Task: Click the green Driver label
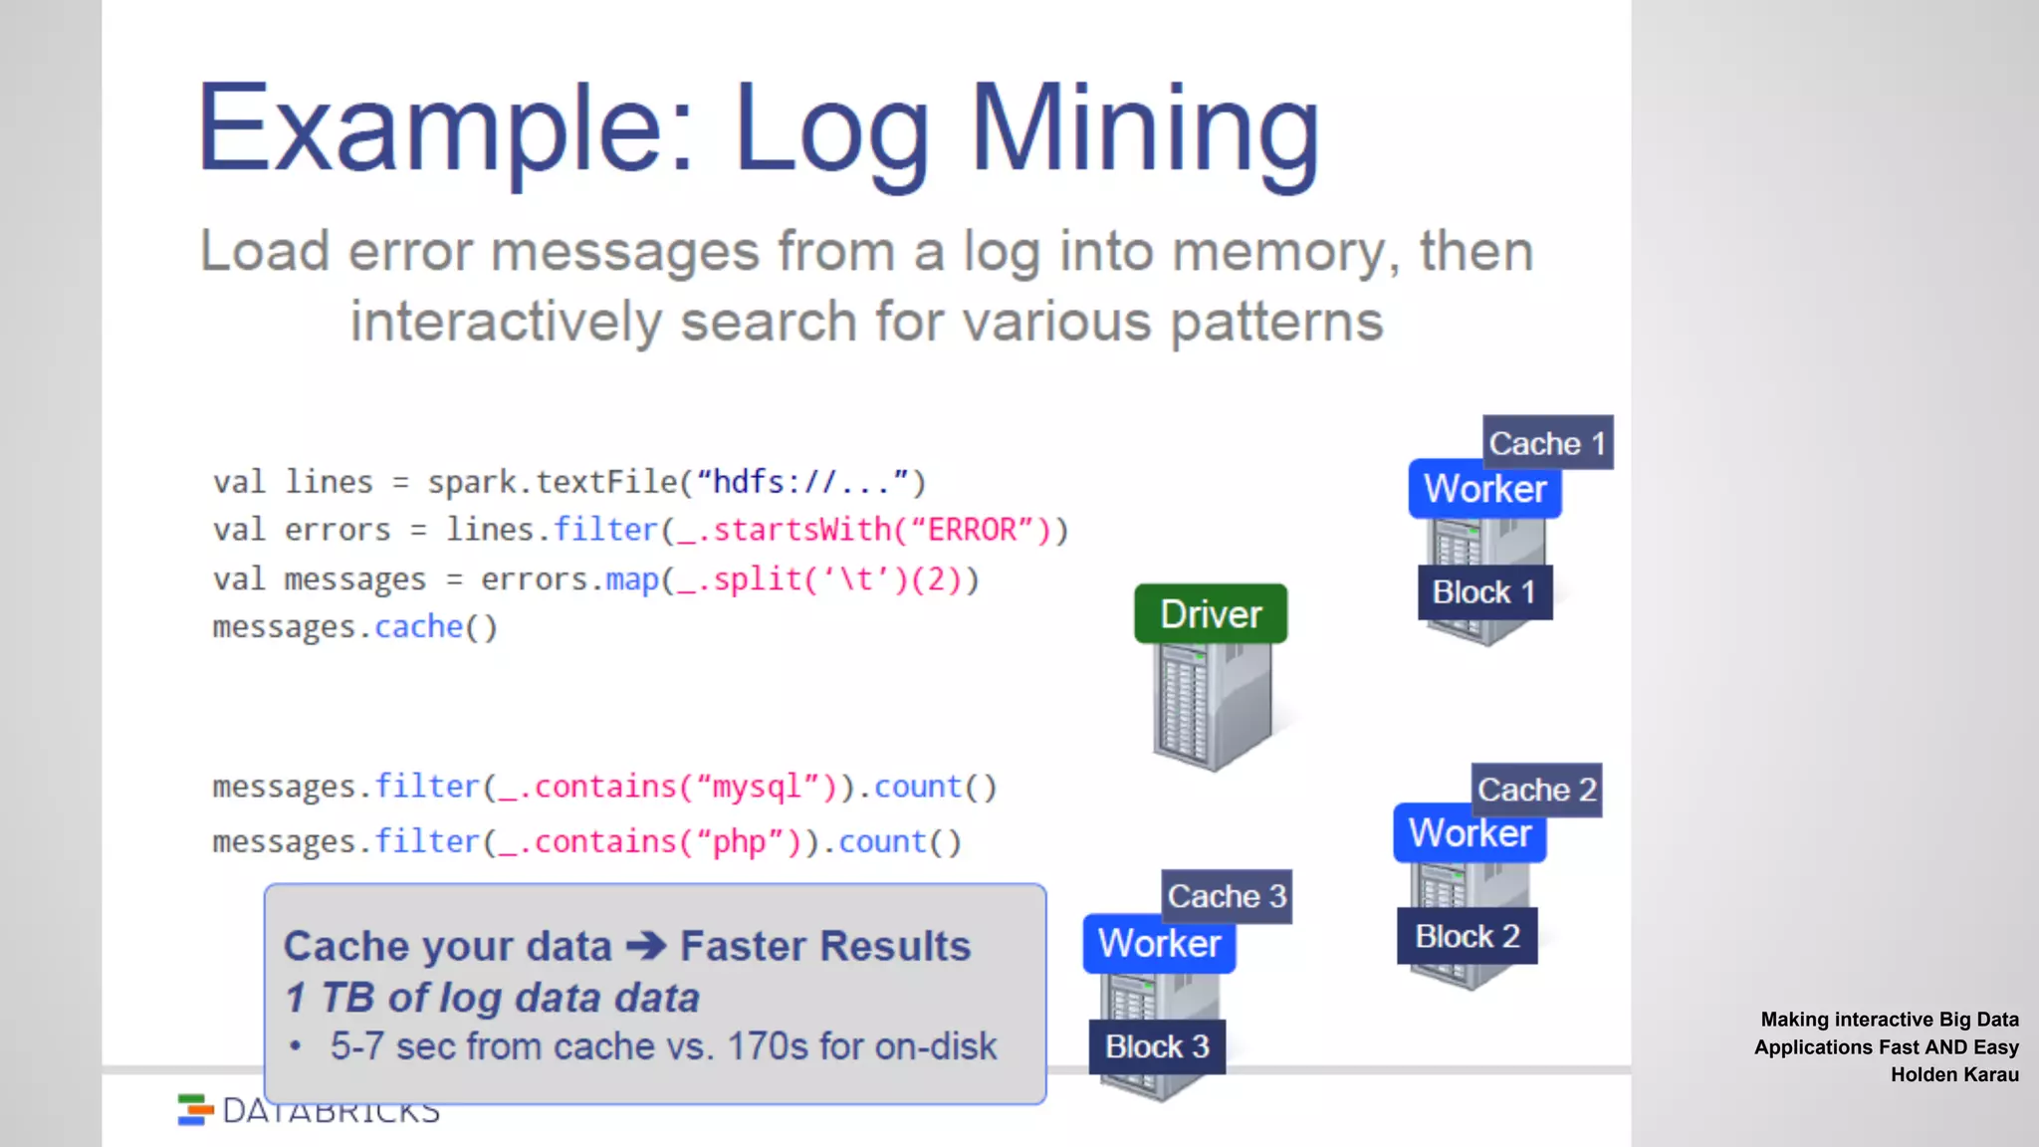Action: tap(1211, 613)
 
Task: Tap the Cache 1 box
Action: tap(1547, 442)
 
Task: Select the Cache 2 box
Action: tap(1536, 790)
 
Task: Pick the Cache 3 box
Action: tap(1227, 896)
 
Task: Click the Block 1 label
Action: tap(1484, 592)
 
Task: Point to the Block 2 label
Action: tap(1468, 936)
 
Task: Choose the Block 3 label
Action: tap(1157, 1046)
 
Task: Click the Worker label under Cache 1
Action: tap(1484, 489)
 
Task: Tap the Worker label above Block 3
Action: tap(1159, 943)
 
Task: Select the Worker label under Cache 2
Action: tap(1470, 833)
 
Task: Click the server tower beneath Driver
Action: tap(1212, 706)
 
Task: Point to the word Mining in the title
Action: tap(1145, 129)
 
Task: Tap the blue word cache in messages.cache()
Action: tap(418, 627)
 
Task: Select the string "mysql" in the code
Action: tap(757, 787)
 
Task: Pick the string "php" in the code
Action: tap(739, 842)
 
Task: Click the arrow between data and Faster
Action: tap(646, 945)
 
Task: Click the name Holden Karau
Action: tap(1954, 1074)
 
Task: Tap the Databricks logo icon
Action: tap(195, 1109)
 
